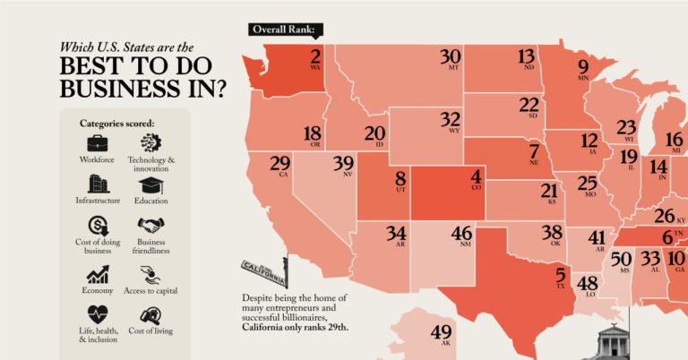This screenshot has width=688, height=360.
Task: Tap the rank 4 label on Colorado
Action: pos(477,176)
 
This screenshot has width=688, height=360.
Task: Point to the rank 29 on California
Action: pos(280,164)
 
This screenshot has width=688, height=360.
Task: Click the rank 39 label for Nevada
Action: pos(343,164)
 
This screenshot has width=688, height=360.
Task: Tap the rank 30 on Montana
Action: pos(451,56)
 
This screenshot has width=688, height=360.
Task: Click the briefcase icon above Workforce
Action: pos(97,143)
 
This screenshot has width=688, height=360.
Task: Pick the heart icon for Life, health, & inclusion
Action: pos(98,313)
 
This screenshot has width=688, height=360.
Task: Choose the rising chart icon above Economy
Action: pos(98,272)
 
